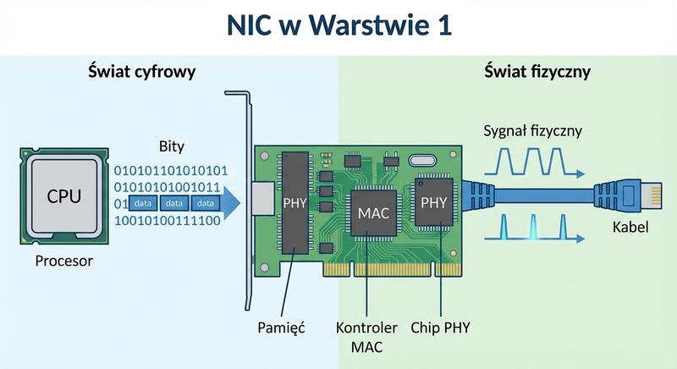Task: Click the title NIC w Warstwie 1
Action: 338,25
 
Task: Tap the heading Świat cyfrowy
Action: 141,72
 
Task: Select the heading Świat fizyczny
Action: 537,72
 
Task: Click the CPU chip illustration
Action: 65,196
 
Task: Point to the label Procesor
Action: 64,262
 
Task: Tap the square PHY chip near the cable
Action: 433,203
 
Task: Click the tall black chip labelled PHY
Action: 295,203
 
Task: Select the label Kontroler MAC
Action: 366,336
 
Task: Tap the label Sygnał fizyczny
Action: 532,131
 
